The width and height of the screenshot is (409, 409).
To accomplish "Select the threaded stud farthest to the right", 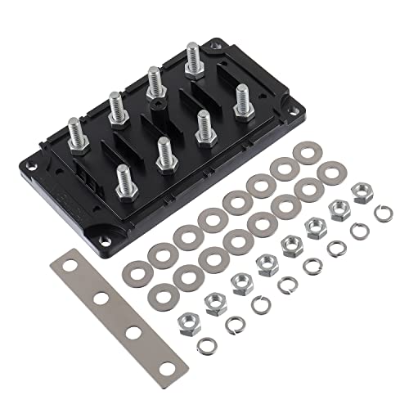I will point(241,100).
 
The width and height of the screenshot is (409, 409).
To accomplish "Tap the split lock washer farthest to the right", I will point(381,215).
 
